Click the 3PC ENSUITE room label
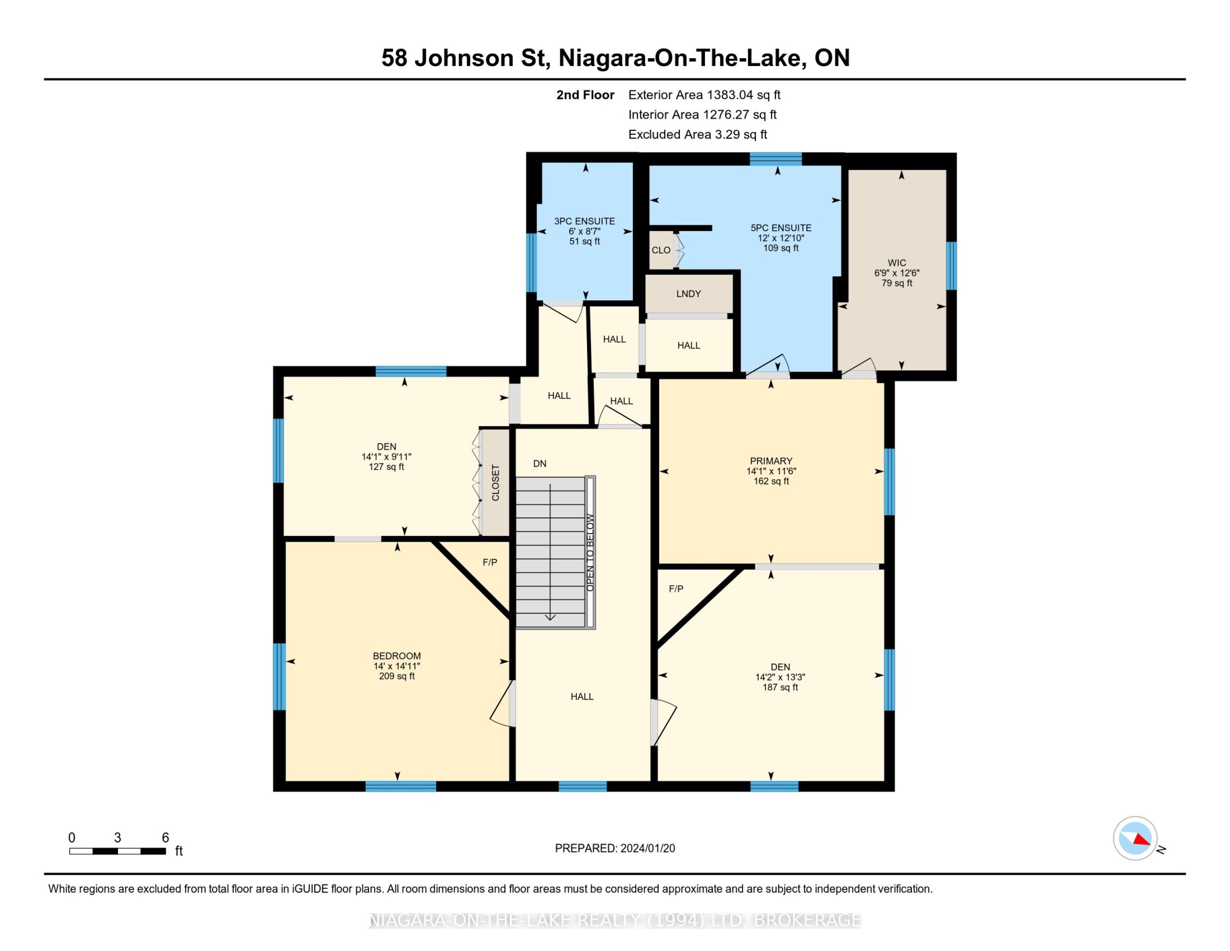pos(584,221)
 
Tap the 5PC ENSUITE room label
pos(781,228)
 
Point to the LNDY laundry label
pos(688,294)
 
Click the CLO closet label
pos(661,250)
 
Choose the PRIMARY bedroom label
pos(771,461)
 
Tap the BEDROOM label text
pos(397,656)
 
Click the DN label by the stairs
pos(540,464)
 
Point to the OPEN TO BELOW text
pos(590,552)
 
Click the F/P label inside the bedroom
pos(490,562)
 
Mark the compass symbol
pos(1135,838)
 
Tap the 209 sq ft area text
pos(397,676)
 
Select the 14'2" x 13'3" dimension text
pos(780,677)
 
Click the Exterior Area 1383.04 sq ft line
pos(704,95)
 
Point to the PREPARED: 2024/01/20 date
pos(615,848)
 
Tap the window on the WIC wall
pos(951,266)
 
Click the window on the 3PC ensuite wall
pos(531,262)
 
